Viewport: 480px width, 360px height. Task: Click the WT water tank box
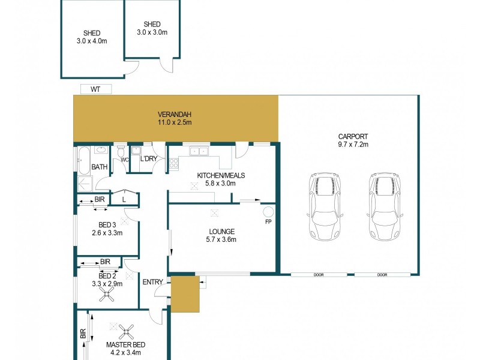[95, 89]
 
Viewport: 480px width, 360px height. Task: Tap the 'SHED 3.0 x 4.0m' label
[92, 37]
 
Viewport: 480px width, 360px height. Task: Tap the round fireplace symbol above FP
[268, 212]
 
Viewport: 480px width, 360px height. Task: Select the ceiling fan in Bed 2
[108, 294]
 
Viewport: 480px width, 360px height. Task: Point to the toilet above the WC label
[121, 151]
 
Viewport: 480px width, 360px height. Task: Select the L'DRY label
[148, 160]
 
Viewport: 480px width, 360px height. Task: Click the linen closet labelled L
[124, 199]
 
